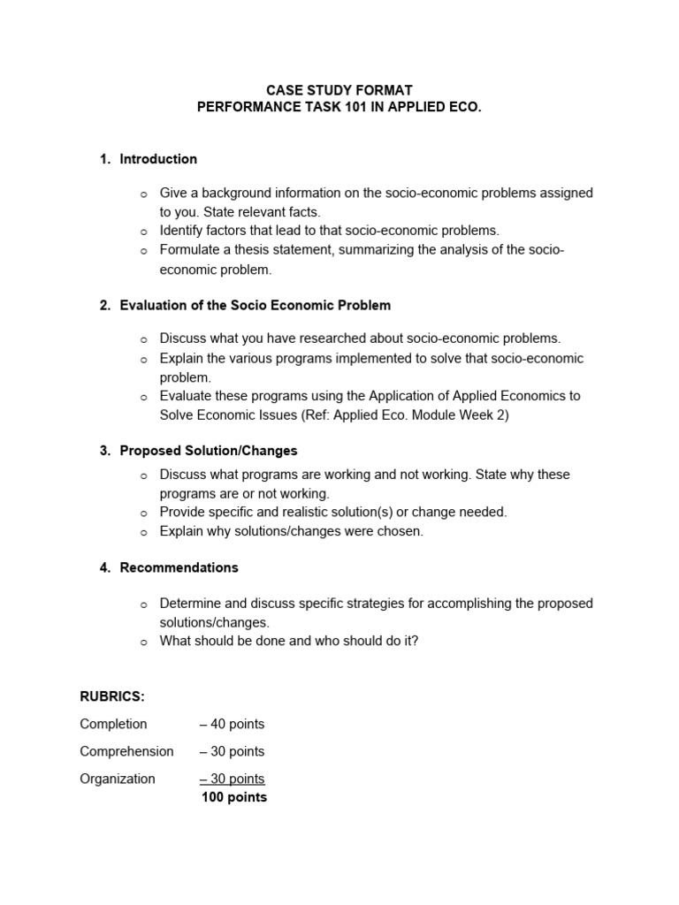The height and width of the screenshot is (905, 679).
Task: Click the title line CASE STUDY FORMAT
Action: click(x=340, y=90)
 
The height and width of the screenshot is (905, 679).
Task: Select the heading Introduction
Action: click(x=158, y=159)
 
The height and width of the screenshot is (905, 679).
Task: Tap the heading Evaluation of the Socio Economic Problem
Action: click(x=255, y=305)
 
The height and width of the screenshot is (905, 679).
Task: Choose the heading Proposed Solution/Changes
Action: click(x=209, y=451)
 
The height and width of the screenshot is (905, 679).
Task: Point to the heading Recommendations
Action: click(x=179, y=567)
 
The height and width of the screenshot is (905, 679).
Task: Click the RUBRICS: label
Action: click(x=112, y=696)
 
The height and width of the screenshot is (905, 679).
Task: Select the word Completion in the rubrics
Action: click(x=113, y=724)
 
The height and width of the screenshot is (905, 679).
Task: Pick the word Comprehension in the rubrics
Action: click(x=126, y=751)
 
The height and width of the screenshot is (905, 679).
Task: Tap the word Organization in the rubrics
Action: click(x=118, y=779)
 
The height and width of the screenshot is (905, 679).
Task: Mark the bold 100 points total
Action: click(x=234, y=797)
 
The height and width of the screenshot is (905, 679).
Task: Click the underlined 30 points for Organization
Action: click(x=233, y=779)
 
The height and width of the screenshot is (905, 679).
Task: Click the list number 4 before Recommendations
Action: click(x=103, y=567)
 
